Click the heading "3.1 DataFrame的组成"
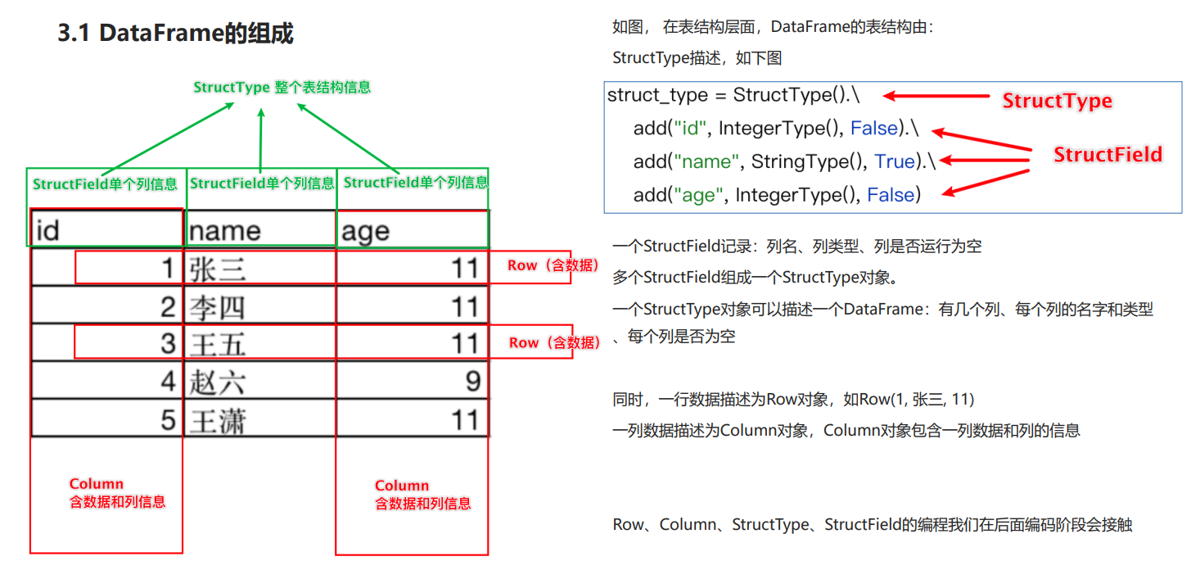(175, 34)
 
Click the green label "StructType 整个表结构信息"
(282, 87)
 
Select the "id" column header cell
(106, 230)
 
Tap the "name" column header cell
(260, 230)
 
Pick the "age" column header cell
(412, 230)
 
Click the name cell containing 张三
(260, 268)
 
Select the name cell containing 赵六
(260, 382)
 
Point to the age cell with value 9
(412, 382)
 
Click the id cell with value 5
(106, 419)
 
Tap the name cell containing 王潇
(260, 419)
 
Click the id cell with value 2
(106, 306)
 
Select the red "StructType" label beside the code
(1057, 101)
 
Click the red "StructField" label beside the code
(1108, 155)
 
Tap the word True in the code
(894, 162)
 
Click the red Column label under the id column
(97, 484)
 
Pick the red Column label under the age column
(402, 486)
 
